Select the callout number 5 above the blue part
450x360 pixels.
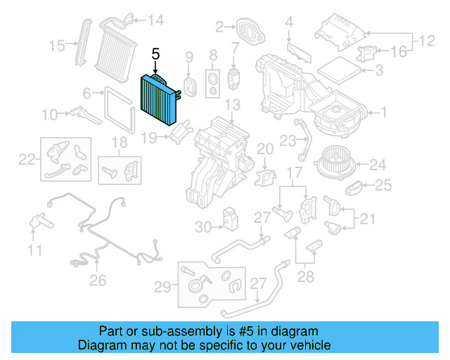click(156, 53)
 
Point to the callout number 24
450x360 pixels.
click(378, 165)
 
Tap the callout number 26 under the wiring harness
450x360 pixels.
click(98, 281)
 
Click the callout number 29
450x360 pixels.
click(162, 286)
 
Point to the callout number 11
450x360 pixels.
click(35, 250)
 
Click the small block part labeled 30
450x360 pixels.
click(229, 219)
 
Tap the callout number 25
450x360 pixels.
click(382, 186)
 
